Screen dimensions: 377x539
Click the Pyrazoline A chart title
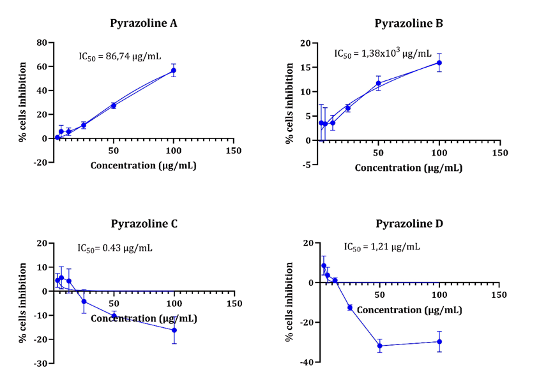click(144, 24)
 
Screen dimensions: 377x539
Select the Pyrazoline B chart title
click(408, 24)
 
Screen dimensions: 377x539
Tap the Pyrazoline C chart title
click(144, 224)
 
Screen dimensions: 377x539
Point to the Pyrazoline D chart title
click(409, 224)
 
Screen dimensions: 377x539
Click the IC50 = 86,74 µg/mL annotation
click(119, 56)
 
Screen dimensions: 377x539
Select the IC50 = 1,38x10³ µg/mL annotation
click(383, 53)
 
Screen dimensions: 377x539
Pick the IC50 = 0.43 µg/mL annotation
click(115, 248)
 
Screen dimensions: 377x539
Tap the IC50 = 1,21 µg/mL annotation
click(382, 246)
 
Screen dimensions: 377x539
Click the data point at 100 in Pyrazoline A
click(173, 70)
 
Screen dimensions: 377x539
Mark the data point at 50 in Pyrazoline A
click(114, 105)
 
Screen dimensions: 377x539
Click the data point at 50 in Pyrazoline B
click(378, 83)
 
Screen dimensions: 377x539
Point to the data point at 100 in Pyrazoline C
click(174, 330)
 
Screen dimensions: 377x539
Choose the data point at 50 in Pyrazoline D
click(380, 346)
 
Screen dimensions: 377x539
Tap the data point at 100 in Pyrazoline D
click(439, 341)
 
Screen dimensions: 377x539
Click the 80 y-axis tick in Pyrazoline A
click(43, 43)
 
